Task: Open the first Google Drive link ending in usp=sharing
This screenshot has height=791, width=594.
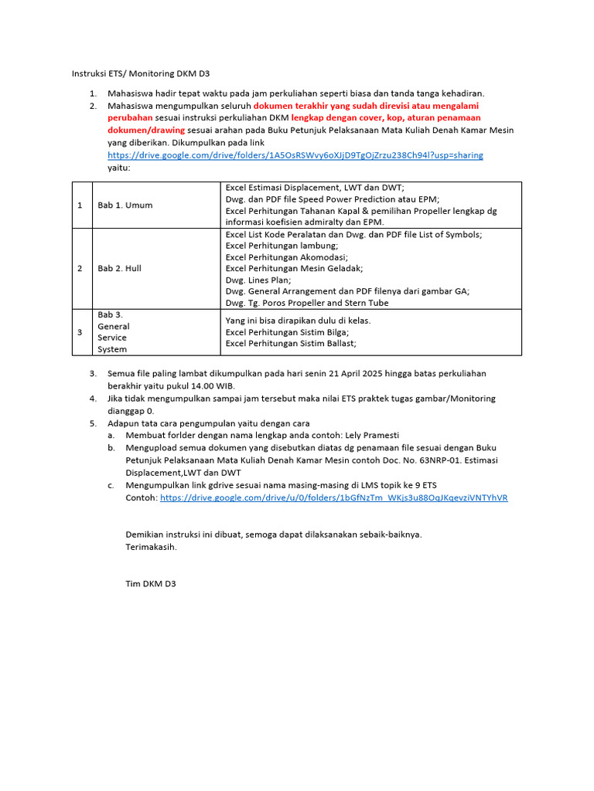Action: coord(295,155)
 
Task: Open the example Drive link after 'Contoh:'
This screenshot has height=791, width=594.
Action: coord(333,498)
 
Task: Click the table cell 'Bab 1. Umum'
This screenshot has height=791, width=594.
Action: coord(125,205)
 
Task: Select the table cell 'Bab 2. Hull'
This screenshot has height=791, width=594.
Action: coord(119,269)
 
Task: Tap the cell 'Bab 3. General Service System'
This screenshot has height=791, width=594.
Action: coord(113,332)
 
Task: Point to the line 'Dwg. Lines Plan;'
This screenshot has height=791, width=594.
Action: coord(258,280)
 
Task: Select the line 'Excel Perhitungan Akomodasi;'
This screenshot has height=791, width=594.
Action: coord(275,257)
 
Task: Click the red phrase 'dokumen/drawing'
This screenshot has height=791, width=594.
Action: coord(146,131)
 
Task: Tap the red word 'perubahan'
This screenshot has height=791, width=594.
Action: coord(130,118)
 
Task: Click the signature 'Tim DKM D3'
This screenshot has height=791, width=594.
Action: coord(151,584)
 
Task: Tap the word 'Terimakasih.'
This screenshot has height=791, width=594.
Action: coord(151,547)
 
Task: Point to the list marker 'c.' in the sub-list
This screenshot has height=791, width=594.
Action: coord(111,485)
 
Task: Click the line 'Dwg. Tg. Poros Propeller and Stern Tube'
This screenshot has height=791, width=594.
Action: coord(307,303)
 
